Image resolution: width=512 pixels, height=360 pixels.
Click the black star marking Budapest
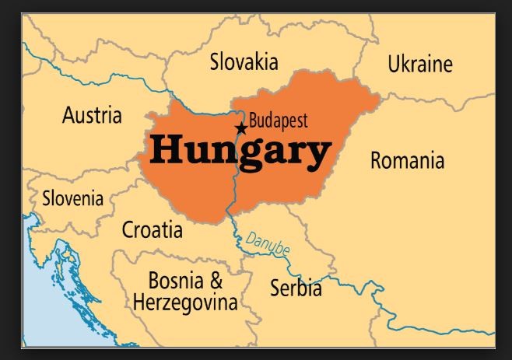pos(241,128)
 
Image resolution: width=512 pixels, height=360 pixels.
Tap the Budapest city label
pos(279,121)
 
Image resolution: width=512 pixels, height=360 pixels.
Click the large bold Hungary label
pos(240,151)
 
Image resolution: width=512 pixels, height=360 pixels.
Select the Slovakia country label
pos(244,62)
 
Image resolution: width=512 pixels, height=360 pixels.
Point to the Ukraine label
pos(420,64)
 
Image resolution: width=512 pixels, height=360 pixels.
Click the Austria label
pos(92,116)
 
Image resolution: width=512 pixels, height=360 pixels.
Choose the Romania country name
pos(407,161)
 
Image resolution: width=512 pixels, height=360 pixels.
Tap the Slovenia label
pos(72,198)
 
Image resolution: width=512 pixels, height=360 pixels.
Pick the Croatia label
pos(153,230)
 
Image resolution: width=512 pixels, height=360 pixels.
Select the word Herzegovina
pos(185,302)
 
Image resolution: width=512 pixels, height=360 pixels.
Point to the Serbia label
pos(296,288)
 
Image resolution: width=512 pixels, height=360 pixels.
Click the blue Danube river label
pos(268,245)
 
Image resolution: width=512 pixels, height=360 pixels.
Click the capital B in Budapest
pos(254,121)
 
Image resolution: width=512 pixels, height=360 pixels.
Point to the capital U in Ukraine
pos(395,64)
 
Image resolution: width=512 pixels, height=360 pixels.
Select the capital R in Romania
pos(377,161)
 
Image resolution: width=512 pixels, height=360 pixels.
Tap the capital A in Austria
pos(68,116)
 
